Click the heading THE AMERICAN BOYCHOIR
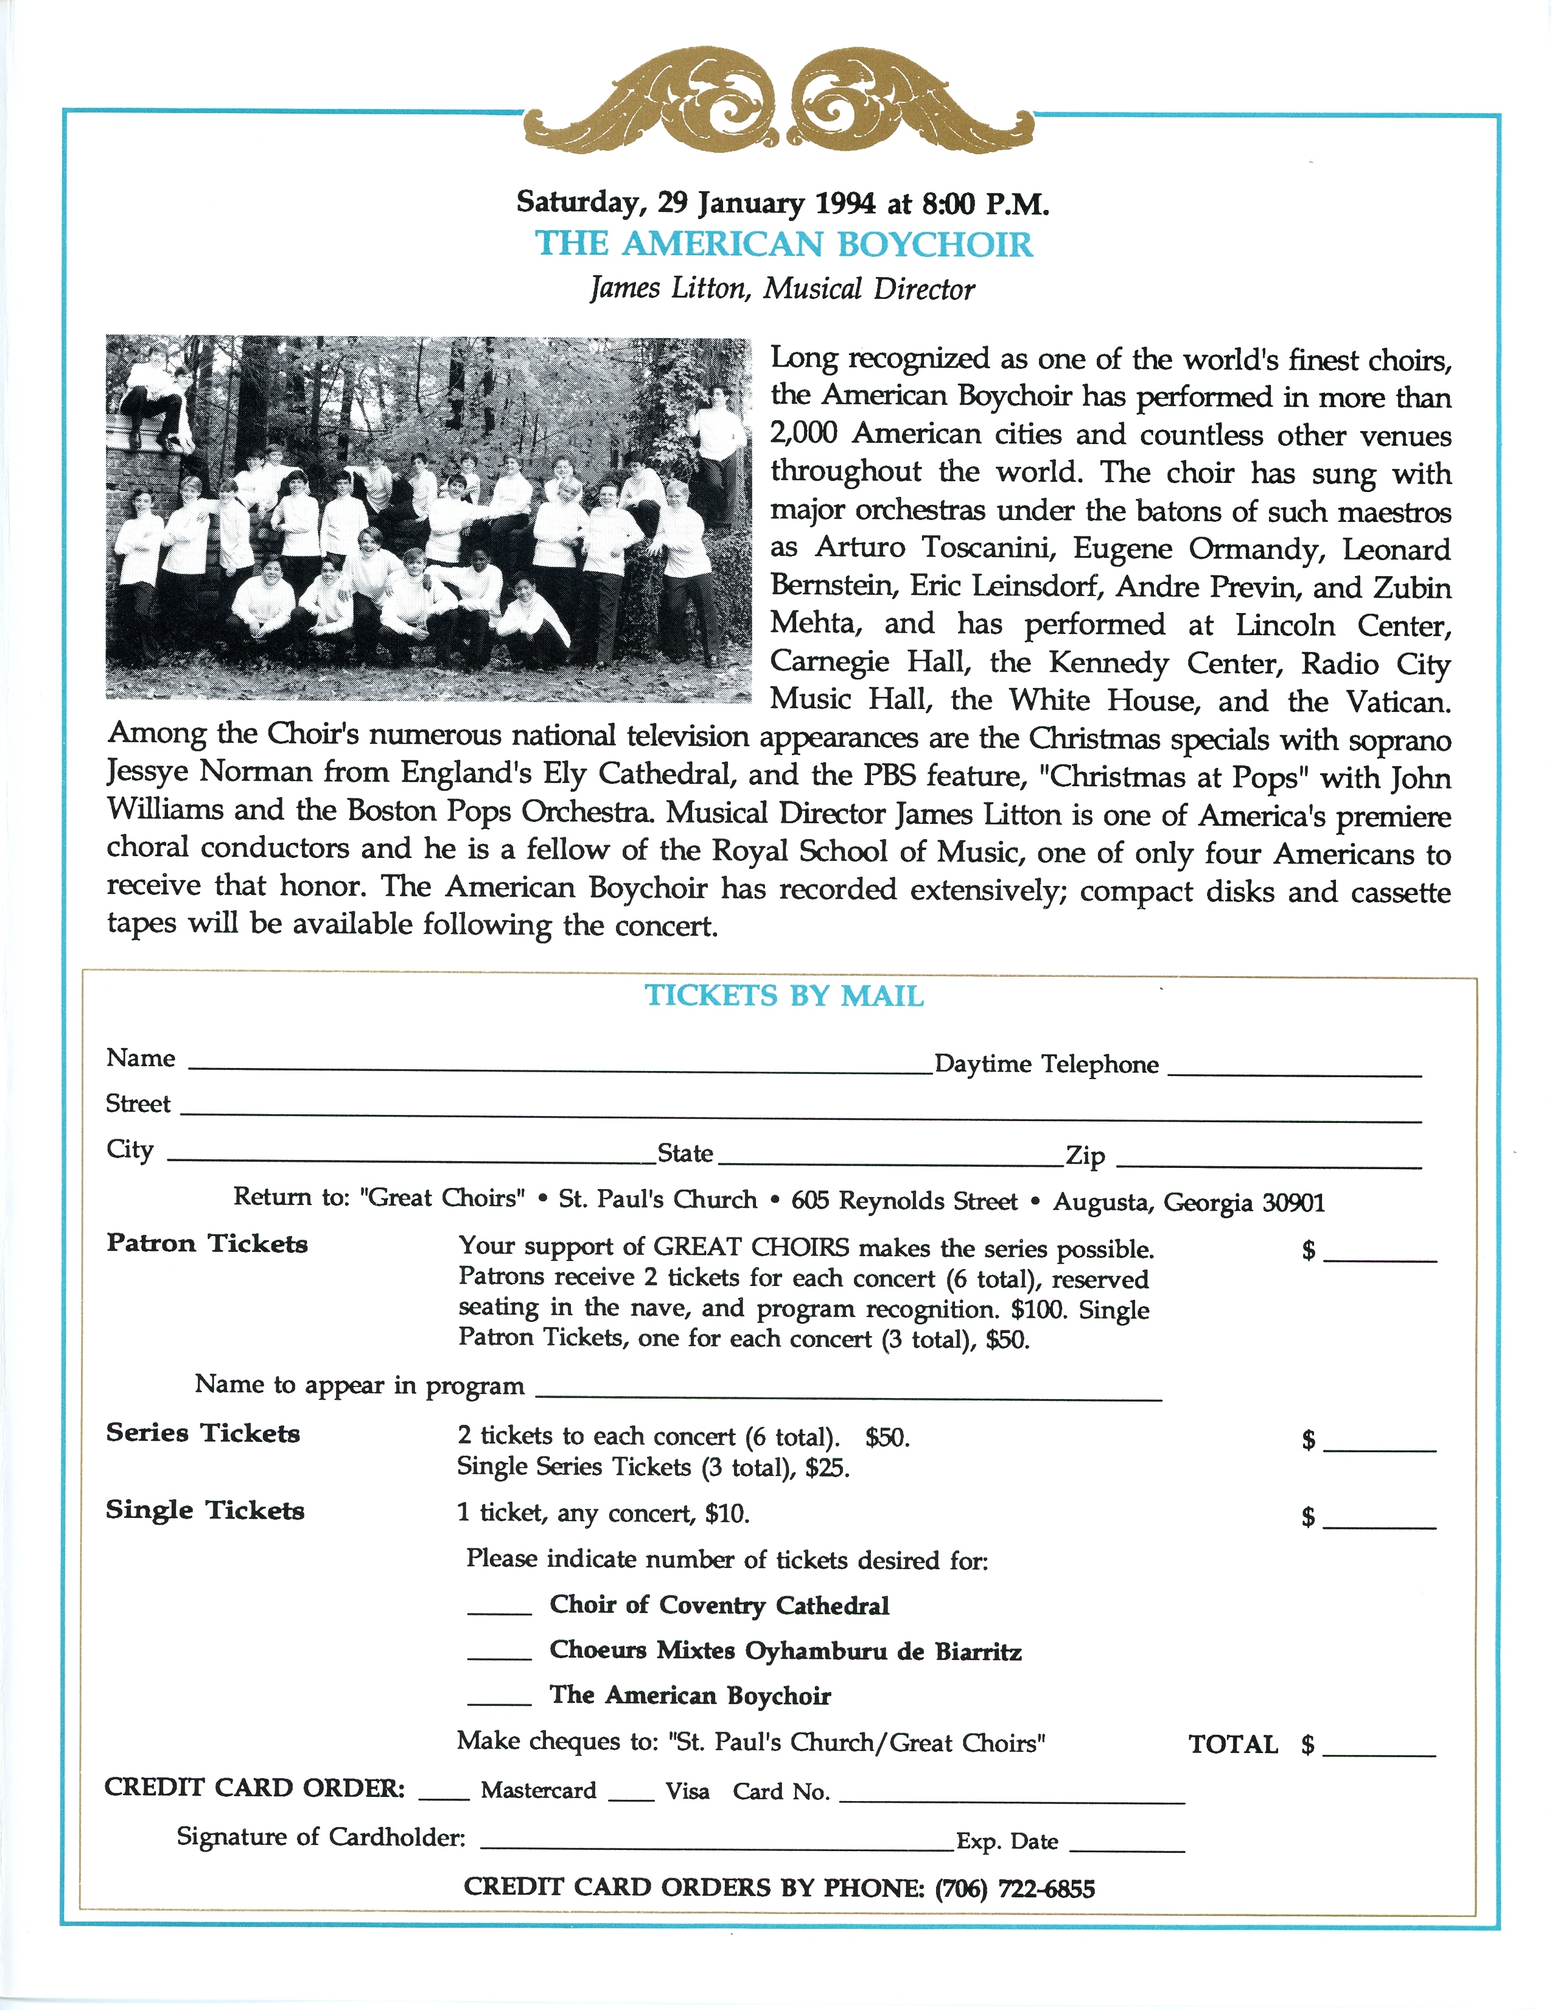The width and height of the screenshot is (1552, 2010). [784, 245]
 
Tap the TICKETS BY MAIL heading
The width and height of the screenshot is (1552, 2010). [784, 996]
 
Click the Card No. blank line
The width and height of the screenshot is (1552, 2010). [1012, 1797]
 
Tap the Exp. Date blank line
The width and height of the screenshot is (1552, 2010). [1127, 1846]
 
